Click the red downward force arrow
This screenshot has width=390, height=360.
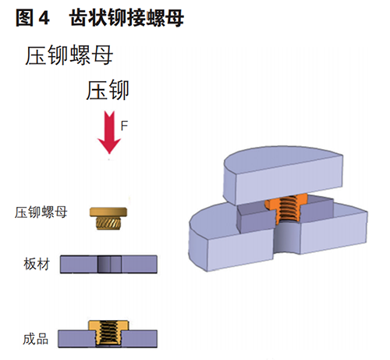pyautogui.click(x=109, y=131)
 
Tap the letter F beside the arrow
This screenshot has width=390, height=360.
pyautogui.click(x=124, y=126)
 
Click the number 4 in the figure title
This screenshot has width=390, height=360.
pyautogui.click(x=44, y=18)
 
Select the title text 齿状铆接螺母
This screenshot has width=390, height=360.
pyautogui.click(x=126, y=18)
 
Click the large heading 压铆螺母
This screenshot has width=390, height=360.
pyautogui.click(x=69, y=55)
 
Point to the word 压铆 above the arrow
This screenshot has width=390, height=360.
pyautogui.click(x=108, y=90)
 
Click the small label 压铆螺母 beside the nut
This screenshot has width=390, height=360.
pyautogui.click(x=41, y=212)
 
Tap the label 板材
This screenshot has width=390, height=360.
pyautogui.click(x=37, y=264)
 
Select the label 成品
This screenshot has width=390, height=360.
pyautogui.click(x=36, y=339)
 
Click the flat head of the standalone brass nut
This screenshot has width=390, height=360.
pyautogui.click(x=108, y=212)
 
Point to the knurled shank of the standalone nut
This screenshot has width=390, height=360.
pyautogui.click(x=108, y=223)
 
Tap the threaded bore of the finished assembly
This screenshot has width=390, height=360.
pyautogui.click(x=108, y=333)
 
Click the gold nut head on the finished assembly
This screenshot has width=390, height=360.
pyautogui.click(x=108, y=326)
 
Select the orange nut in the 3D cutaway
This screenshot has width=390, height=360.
pyautogui.click(x=285, y=209)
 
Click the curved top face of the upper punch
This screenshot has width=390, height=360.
pyautogui.click(x=282, y=159)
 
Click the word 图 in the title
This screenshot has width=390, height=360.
pyautogui.click(x=25, y=18)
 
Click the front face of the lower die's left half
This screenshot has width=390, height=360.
pyautogui.click(x=240, y=250)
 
